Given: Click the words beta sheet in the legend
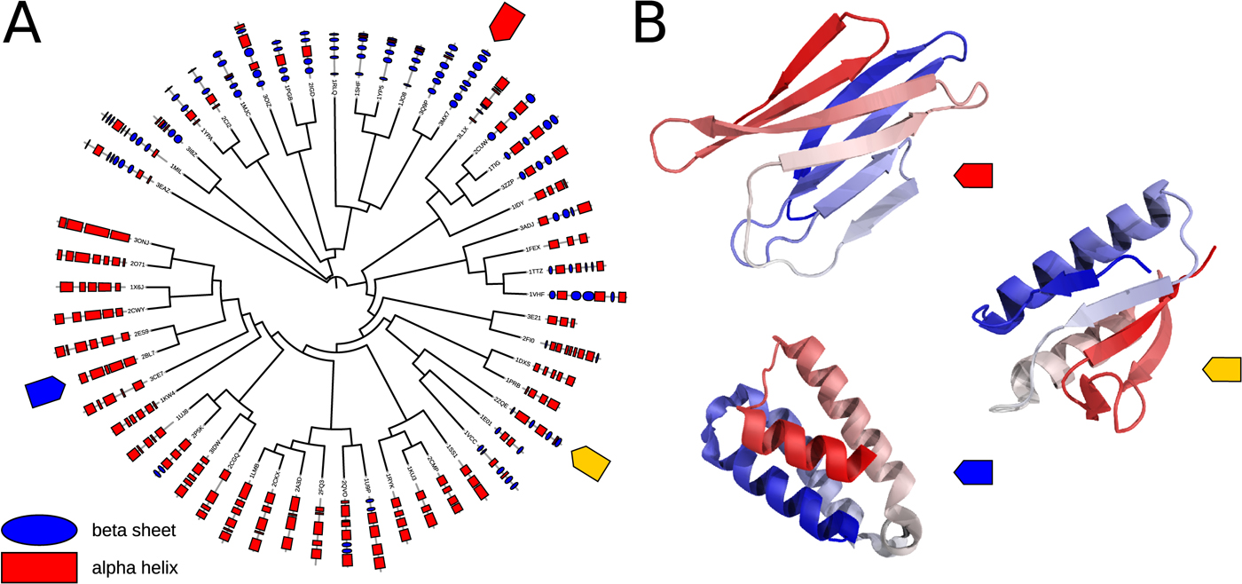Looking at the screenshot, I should click(x=132, y=531).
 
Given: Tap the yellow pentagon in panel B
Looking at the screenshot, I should click(x=1222, y=367).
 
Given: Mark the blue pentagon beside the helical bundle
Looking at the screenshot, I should click(x=973, y=472).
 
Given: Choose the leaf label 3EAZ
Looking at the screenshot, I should click(x=162, y=187).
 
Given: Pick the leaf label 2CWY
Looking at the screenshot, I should click(x=137, y=311).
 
